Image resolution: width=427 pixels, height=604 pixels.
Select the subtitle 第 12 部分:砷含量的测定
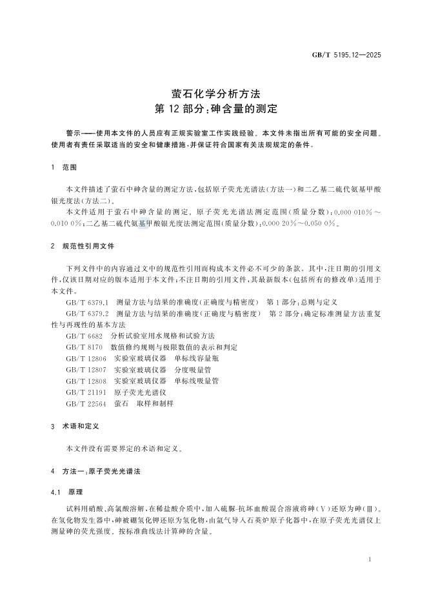coord(213,108)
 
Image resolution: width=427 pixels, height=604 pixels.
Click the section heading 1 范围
coord(63,166)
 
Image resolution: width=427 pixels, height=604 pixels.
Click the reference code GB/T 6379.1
coord(88,301)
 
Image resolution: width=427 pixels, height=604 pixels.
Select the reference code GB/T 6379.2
coord(88,313)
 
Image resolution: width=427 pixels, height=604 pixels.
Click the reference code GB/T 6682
coord(82,336)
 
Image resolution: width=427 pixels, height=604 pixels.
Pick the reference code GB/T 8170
coord(82,347)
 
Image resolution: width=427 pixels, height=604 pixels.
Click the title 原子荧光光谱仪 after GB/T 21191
coord(141,392)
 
